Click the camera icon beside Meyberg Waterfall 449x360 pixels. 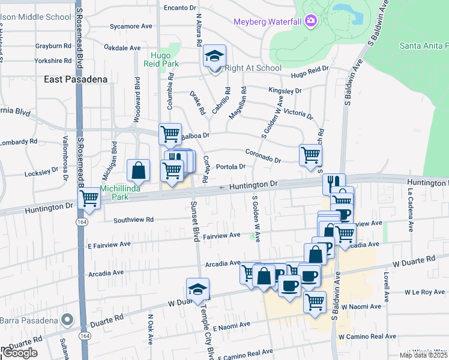pyautogui.click(x=310, y=22)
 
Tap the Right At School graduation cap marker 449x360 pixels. pyautogui.click(x=214, y=57)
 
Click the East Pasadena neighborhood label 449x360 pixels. pyautogui.click(x=76, y=79)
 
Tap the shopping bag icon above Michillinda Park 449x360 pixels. pyautogui.click(x=139, y=170)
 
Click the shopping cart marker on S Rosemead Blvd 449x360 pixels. pyautogui.click(x=89, y=197)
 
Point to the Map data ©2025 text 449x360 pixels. pyautogui.click(x=424, y=355)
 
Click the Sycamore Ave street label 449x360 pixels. pyautogui.click(x=131, y=26)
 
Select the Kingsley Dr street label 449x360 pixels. pyautogui.click(x=285, y=91)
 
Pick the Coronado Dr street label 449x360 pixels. pyautogui.click(x=263, y=156)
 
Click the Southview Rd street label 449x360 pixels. pyautogui.click(x=134, y=219)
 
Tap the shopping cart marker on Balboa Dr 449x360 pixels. pyautogui.click(x=170, y=134)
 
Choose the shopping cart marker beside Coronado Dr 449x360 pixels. pyautogui.click(x=310, y=155)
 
